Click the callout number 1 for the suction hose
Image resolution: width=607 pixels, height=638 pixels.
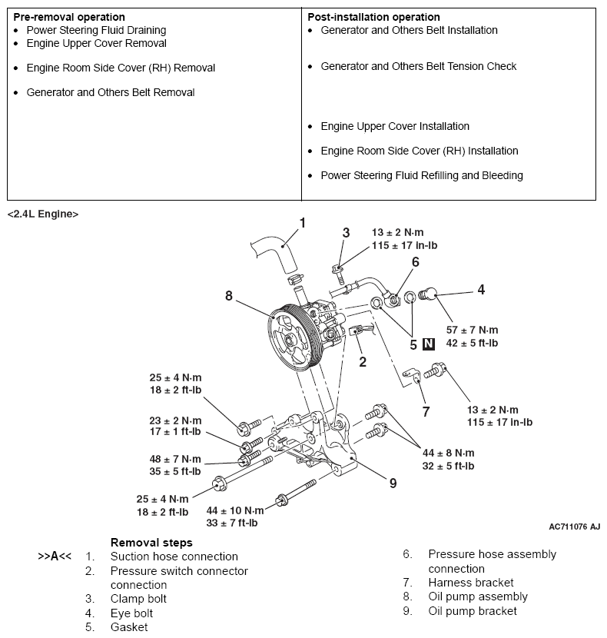[302, 223]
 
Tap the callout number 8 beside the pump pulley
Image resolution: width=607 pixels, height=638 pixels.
[228, 295]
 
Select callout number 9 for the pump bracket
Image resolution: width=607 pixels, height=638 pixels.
[393, 483]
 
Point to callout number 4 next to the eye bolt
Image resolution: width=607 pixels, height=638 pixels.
[481, 290]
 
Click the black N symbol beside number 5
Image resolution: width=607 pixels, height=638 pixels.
[429, 344]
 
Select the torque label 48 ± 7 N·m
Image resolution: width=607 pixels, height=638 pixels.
[175, 459]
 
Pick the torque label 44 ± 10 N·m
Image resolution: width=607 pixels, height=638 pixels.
[234, 510]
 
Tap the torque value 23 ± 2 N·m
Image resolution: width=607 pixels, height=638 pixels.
[175, 420]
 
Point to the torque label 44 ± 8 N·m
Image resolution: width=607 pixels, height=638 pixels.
[448, 453]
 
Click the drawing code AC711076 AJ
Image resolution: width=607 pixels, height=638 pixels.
[574, 527]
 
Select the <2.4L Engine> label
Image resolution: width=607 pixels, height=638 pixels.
[43, 214]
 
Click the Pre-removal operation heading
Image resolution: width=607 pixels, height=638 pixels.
[69, 17]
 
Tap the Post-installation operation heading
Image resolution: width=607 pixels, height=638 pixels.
[373, 17]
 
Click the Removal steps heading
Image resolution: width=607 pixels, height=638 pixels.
[151, 543]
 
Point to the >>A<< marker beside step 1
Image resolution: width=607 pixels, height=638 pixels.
[55, 557]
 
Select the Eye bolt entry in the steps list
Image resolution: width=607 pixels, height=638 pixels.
[131, 613]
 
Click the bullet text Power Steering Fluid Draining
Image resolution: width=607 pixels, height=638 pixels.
[96, 30]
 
